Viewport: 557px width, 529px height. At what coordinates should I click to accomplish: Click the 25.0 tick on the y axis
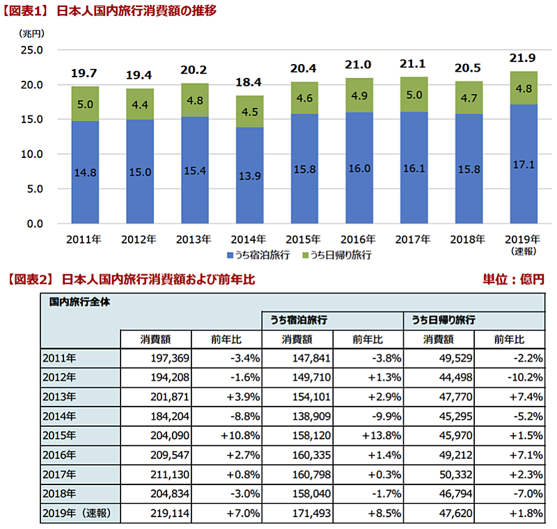(x=32, y=50)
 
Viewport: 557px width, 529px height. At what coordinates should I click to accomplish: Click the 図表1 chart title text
(x=111, y=10)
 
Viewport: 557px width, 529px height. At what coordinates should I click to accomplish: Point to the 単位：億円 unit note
(x=513, y=279)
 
